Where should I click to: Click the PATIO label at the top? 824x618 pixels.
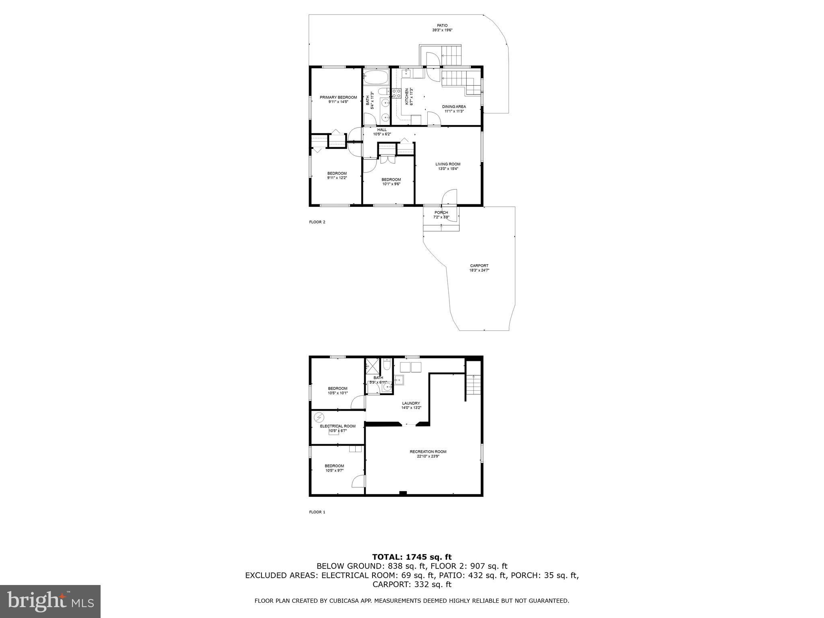(x=442, y=26)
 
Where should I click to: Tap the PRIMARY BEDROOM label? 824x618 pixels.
(x=338, y=97)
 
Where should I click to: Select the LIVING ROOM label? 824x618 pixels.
(x=448, y=164)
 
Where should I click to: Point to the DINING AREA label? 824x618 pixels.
(x=454, y=107)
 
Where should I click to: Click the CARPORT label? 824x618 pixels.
(x=479, y=266)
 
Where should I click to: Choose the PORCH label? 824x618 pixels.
(x=441, y=213)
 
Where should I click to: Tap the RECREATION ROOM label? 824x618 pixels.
(x=428, y=452)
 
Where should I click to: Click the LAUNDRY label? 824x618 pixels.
(x=411, y=404)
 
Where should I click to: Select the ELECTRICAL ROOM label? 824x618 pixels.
(x=338, y=426)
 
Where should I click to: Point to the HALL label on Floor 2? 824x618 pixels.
(x=382, y=130)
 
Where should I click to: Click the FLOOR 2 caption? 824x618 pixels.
(x=317, y=222)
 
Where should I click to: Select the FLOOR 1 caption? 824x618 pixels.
(x=317, y=512)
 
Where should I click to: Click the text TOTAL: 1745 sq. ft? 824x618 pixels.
(x=412, y=557)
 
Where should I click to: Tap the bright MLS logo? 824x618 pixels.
(x=50, y=602)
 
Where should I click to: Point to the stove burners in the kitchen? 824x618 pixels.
(x=396, y=94)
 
